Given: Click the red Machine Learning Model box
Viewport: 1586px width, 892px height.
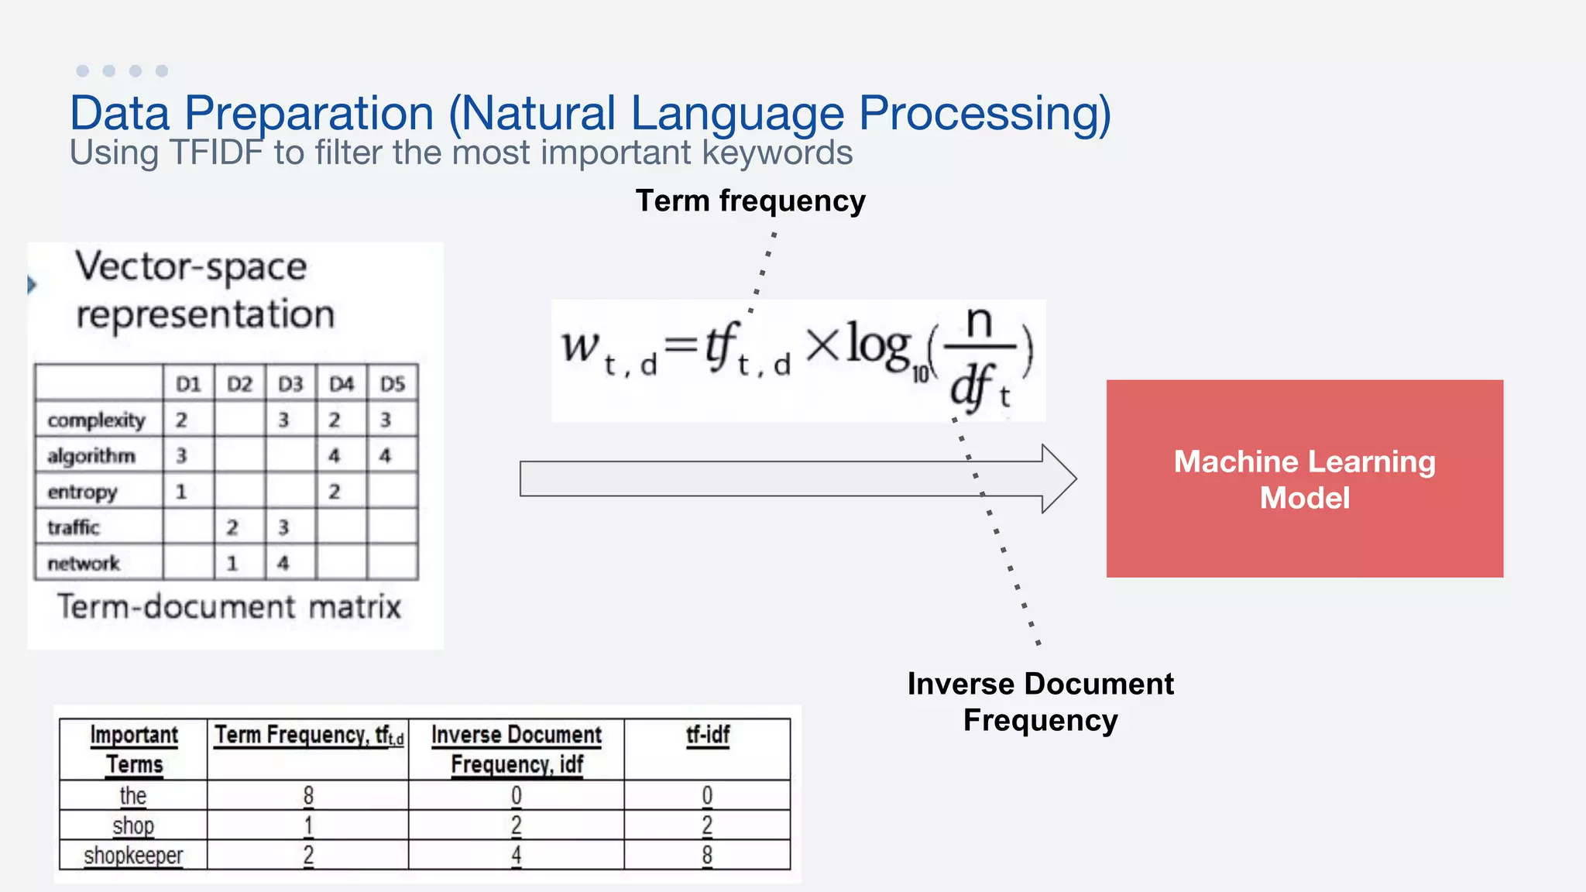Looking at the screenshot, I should [x=1304, y=479].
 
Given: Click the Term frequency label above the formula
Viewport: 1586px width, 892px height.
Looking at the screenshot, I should [x=750, y=201].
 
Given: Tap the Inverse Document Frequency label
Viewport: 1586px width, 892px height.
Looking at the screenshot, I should [x=1040, y=702].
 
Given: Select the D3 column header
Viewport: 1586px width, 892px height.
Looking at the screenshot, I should [x=290, y=384].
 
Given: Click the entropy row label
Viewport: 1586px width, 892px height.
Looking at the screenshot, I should [x=82, y=492].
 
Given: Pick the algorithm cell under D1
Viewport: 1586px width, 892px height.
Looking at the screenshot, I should [x=181, y=456].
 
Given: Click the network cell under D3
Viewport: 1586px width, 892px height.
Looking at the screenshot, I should [x=283, y=563].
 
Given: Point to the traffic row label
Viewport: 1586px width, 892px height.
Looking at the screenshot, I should [x=74, y=527].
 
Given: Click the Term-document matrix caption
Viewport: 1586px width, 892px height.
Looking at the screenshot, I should [x=229, y=606].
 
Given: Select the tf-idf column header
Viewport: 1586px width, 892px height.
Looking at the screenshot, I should [x=707, y=735].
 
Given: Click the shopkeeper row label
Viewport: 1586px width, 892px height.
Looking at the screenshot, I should [x=133, y=856].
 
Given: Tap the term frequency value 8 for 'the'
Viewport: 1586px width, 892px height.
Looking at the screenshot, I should [x=308, y=795].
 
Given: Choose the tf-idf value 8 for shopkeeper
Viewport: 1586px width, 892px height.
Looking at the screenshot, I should [x=707, y=856].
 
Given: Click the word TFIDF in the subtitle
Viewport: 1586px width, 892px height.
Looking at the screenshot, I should [x=216, y=153].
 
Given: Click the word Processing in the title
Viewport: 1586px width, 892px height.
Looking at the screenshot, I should [x=984, y=113].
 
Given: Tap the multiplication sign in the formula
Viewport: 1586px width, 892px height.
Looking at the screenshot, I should [x=822, y=345].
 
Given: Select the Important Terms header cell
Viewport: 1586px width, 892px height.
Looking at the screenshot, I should [x=134, y=749].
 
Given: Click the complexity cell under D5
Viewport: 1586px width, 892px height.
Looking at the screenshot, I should [x=386, y=420].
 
